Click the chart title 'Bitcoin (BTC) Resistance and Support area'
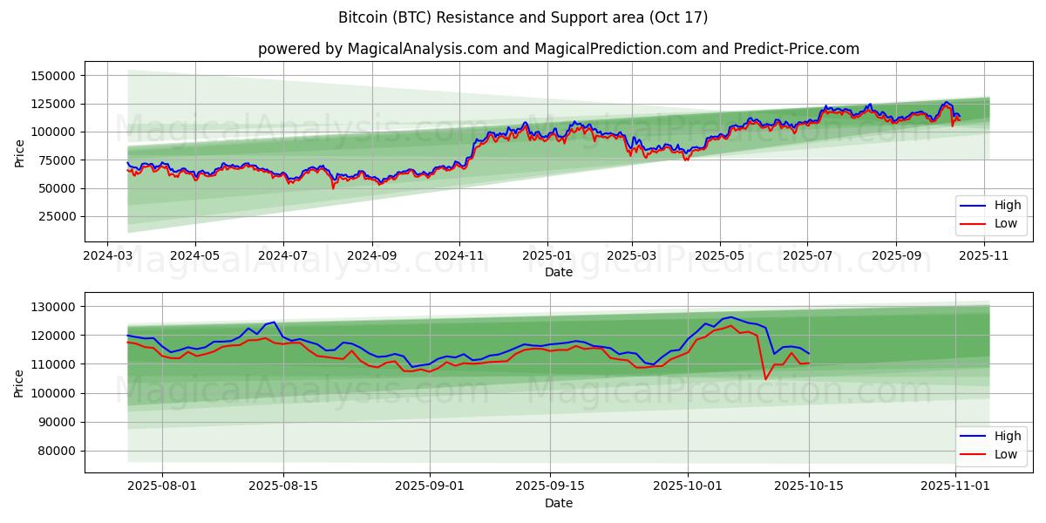click(x=523, y=17)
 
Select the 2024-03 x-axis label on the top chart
click(x=107, y=256)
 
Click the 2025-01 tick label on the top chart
click(x=547, y=256)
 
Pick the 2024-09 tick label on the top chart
click(x=371, y=256)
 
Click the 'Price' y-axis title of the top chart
click(x=19, y=153)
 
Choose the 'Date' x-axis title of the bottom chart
click(x=559, y=503)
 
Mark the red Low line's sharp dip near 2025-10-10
click(x=765, y=379)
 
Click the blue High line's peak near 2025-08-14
click(x=275, y=322)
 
